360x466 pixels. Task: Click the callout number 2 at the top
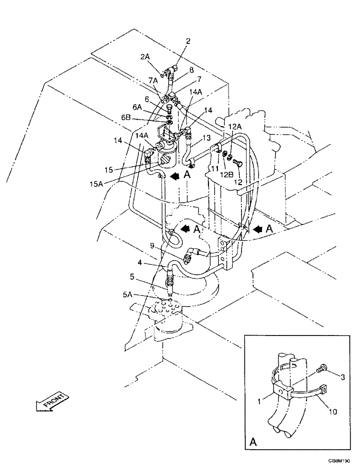pos(188,41)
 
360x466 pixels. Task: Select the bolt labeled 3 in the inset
pos(321,369)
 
